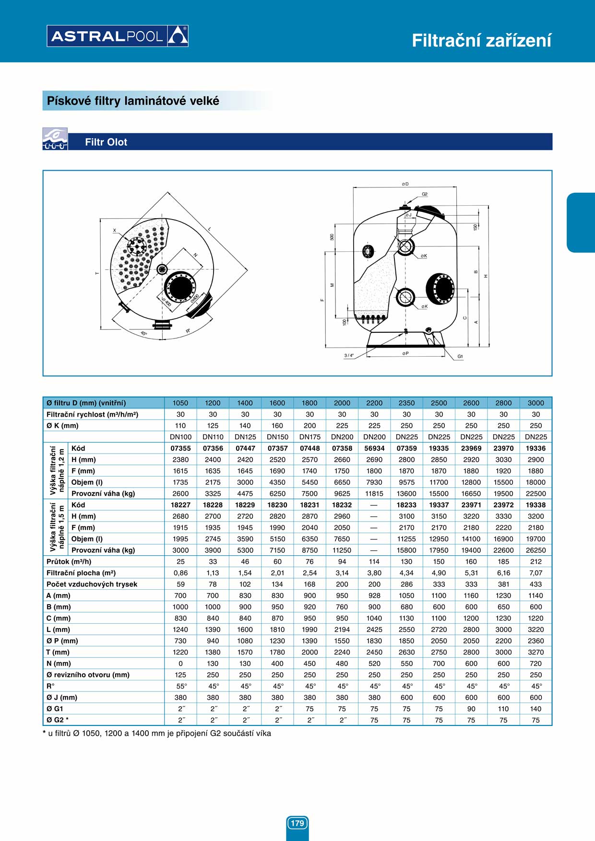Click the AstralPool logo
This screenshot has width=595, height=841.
(x=117, y=36)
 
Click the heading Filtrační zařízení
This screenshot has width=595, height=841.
(x=481, y=41)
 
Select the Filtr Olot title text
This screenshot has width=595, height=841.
(x=106, y=142)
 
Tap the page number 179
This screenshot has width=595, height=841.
(x=297, y=823)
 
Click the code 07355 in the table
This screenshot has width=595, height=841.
(x=180, y=448)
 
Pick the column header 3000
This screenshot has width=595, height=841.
(x=535, y=403)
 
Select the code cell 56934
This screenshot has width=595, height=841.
(x=374, y=448)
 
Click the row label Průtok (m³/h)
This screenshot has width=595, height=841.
(x=69, y=561)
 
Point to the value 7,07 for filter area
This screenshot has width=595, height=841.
(x=535, y=573)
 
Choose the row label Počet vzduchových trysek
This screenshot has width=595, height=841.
(x=92, y=584)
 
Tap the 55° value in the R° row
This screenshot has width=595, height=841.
(x=181, y=686)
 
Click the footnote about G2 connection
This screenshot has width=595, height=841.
(x=157, y=733)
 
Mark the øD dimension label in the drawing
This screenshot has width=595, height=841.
(x=405, y=184)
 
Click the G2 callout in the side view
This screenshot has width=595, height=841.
(x=425, y=194)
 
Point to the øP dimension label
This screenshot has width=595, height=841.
(x=405, y=353)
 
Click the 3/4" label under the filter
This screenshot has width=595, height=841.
(x=349, y=356)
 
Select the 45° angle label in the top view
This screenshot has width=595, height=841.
(x=144, y=333)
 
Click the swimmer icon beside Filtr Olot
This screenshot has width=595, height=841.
(x=55, y=139)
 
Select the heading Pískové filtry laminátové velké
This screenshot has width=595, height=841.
(x=133, y=101)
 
